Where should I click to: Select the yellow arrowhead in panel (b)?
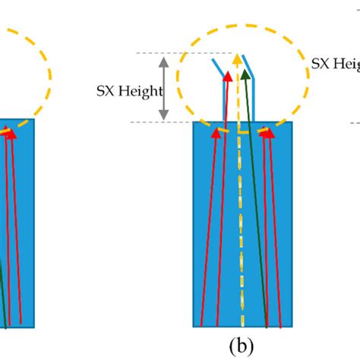click(x=238, y=59)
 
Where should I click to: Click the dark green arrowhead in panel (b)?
click(x=245, y=74)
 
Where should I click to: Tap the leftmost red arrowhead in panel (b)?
click(x=216, y=133)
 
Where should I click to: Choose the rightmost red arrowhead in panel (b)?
click(x=267, y=133)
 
